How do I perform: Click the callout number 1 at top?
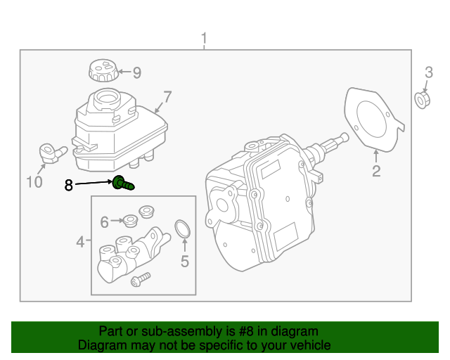[x=204, y=37]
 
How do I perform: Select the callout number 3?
[x=428, y=72]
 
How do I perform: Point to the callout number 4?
[x=81, y=243]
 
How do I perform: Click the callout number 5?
[x=185, y=262]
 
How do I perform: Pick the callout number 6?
[x=105, y=222]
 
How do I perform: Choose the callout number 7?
[x=167, y=96]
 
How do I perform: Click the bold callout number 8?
[x=68, y=185]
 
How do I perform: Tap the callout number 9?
[x=136, y=72]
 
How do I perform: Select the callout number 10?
[x=34, y=183]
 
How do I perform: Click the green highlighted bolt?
[x=122, y=184]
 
